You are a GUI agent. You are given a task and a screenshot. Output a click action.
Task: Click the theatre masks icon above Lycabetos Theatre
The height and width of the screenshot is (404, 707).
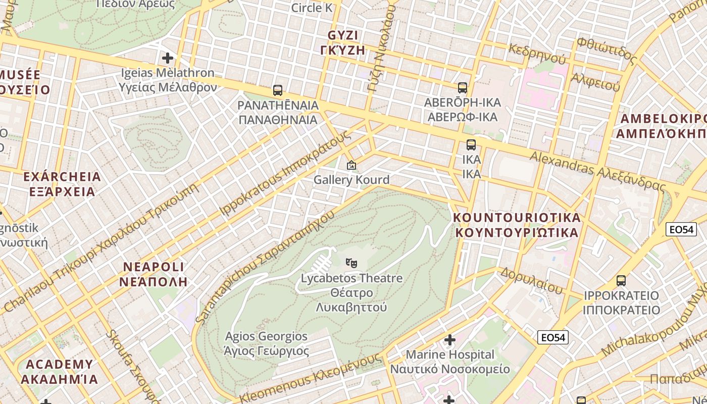pos(351,263)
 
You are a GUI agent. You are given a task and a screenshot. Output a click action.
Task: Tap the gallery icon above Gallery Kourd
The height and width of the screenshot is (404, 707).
pos(351,165)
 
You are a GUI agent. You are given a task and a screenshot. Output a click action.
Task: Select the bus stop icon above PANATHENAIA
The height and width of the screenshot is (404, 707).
pos(278,90)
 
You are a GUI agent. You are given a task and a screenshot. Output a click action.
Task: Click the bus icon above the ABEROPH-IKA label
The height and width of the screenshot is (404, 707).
pos(463,87)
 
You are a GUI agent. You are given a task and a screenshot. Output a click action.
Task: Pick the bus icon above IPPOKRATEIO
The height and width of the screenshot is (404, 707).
pos(621,280)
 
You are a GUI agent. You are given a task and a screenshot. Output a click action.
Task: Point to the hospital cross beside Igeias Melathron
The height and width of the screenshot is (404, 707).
pos(168,58)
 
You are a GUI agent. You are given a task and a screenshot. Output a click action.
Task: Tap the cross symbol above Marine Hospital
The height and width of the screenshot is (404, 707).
pos(450,339)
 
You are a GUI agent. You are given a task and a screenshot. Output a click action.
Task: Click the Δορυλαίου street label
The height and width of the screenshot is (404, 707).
pos(531,281)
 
